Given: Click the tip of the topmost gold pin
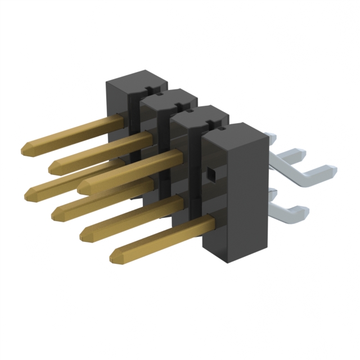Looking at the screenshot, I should [25, 150].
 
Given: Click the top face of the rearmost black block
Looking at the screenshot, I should [135, 79].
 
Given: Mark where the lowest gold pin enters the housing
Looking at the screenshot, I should [213, 224].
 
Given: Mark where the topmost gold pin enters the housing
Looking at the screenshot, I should [119, 120].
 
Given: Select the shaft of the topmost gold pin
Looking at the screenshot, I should [73, 135].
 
